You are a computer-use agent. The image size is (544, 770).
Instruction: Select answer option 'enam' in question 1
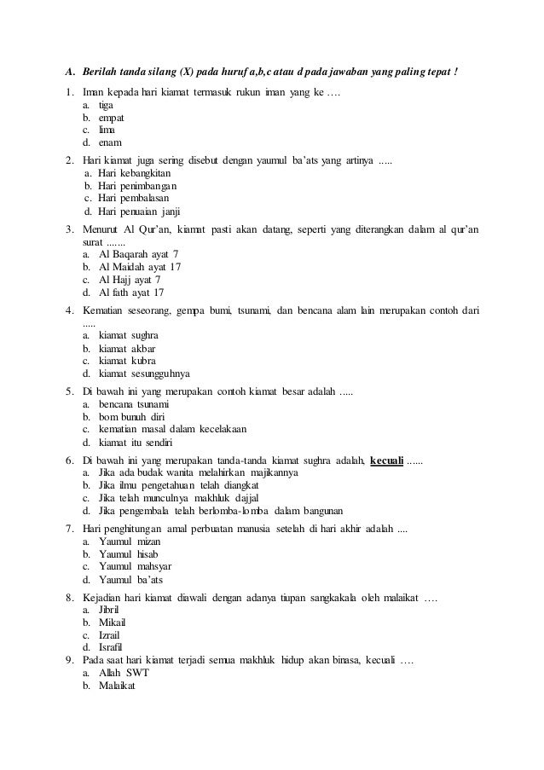(x=109, y=142)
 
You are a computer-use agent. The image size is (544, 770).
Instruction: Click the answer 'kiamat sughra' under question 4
(x=128, y=336)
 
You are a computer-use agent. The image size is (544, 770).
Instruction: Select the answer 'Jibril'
(x=110, y=609)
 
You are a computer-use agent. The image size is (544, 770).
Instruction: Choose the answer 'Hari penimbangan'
(x=136, y=186)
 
